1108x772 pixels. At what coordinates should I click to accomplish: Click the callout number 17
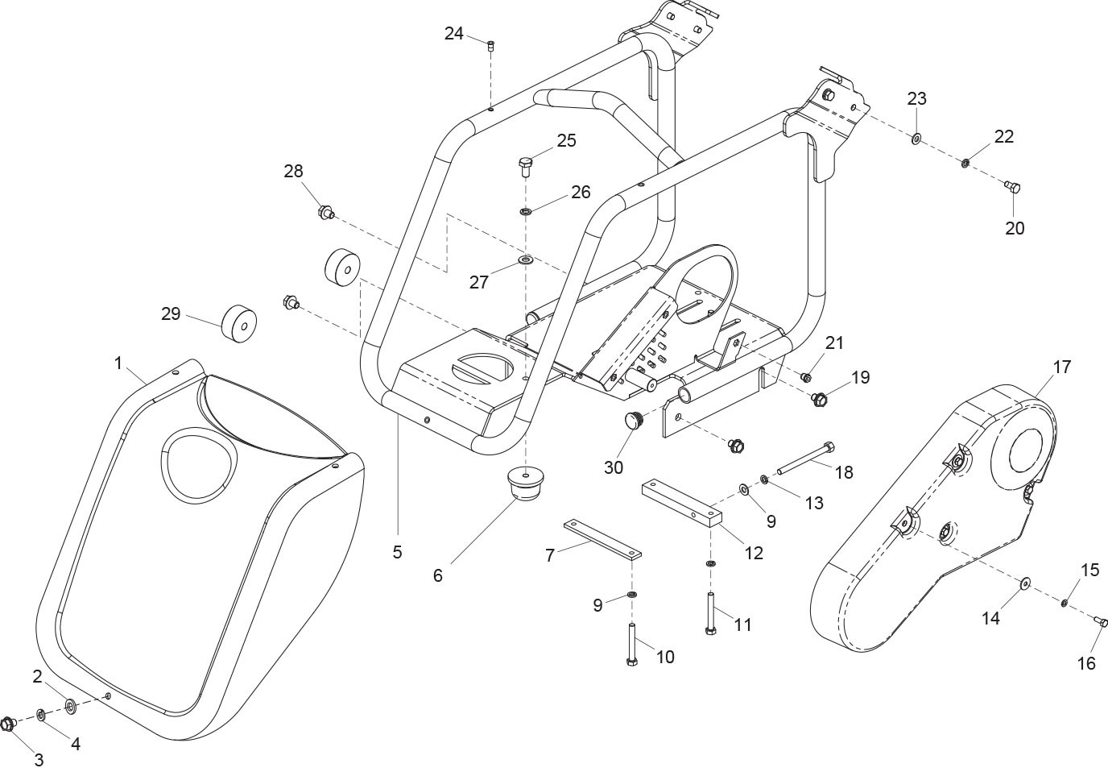pyautogui.click(x=1062, y=367)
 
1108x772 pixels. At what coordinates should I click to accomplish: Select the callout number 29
pyautogui.click(x=171, y=313)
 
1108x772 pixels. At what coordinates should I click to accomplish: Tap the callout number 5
pyautogui.click(x=397, y=552)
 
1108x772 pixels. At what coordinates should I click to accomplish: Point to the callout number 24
pyautogui.click(x=454, y=34)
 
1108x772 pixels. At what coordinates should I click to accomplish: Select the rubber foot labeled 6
pyautogui.click(x=521, y=482)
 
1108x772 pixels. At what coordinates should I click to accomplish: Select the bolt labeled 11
pyautogui.click(x=709, y=612)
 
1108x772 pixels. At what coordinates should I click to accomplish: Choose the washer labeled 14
pyautogui.click(x=1026, y=583)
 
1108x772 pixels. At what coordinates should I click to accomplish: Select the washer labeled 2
pyautogui.click(x=70, y=706)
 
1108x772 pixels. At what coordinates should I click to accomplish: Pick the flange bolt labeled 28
pyautogui.click(x=325, y=214)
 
